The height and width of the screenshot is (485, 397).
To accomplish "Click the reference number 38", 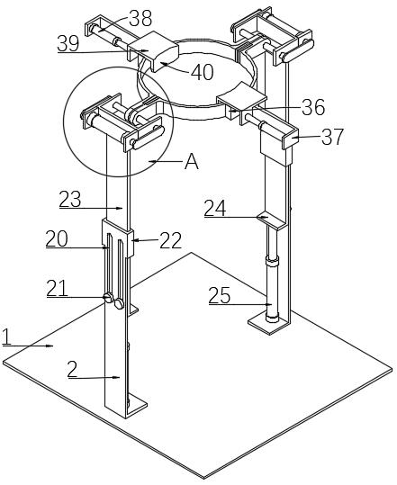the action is tap(140, 18).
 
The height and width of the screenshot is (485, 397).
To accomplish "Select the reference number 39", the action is tap(68, 43).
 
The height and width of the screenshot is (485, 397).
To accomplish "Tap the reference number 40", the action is tap(203, 72).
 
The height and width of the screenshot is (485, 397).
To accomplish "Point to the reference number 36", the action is tap(313, 107).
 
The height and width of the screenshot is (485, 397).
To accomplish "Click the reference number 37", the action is tap(333, 137).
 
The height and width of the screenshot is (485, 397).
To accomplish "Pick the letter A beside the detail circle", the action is tap(192, 161).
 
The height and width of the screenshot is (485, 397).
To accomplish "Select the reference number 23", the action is tap(70, 199).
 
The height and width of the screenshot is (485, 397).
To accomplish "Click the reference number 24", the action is tap(215, 208).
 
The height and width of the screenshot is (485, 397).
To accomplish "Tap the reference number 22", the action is tap(170, 240).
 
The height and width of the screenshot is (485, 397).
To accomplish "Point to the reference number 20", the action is tap(57, 238).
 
